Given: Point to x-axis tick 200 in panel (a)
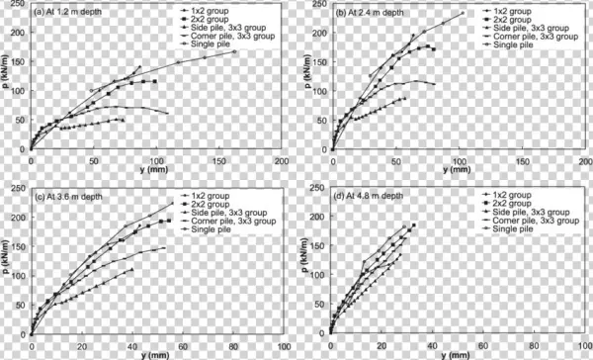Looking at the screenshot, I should coord(282,159).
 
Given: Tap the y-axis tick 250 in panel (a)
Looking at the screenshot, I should coord(20,6).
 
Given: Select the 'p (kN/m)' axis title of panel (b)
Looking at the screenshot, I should coord(306,77).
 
